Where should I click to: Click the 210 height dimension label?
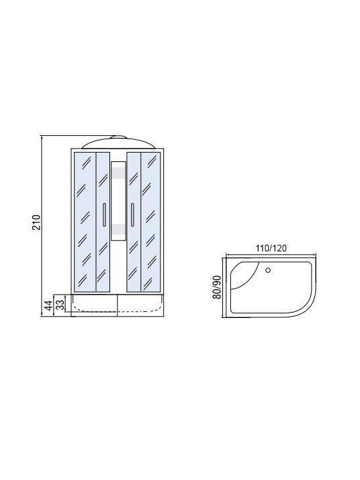(x=36, y=222)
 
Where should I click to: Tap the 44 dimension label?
(x=48, y=305)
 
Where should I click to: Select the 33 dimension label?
(x=60, y=305)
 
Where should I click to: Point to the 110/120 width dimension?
(x=271, y=248)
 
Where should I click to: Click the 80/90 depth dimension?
(x=216, y=288)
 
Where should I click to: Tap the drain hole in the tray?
(x=268, y=270)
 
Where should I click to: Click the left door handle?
(x=105, y=214)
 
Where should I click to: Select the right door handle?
(x=132, y=214)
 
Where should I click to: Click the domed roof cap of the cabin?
(x=118, y=142)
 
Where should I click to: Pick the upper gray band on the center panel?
(x=118, y=173)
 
